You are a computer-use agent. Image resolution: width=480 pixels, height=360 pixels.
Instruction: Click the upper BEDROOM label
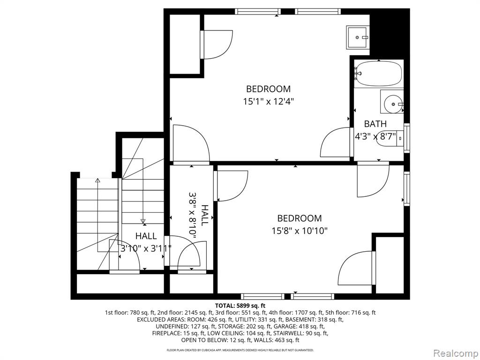(x=268, y=89)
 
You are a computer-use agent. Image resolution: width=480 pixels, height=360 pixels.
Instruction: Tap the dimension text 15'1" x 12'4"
(x=269, y=101)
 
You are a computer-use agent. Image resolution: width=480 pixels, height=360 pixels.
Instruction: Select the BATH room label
(x=375, y=124)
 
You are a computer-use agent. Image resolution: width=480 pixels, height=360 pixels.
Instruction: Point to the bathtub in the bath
(x=378, y=74)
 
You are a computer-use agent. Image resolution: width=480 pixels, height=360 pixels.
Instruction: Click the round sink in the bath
(x=392, y=102)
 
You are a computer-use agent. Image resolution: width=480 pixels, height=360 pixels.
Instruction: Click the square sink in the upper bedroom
(x=358, y=37)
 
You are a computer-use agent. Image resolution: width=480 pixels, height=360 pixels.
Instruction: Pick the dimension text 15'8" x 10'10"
(x=300, y=231)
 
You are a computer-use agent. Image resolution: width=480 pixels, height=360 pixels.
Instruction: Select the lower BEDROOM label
(x=300, y=218)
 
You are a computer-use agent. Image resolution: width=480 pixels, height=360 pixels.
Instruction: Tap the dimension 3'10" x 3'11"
(x=146, y=248)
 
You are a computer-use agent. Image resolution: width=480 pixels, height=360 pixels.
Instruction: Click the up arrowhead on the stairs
(x=97, y=180)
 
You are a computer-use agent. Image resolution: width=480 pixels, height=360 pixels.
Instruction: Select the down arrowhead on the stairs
(x=142, y=221)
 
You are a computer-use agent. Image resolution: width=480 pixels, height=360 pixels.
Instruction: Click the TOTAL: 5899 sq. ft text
(x=240, y=305)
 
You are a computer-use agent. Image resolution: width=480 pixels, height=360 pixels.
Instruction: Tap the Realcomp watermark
(x=455, y=353)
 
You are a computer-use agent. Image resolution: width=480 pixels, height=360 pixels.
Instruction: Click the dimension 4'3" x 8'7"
(x=375, y=136)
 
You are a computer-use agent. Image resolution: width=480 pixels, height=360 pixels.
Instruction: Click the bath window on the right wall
(x=407, y=138)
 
